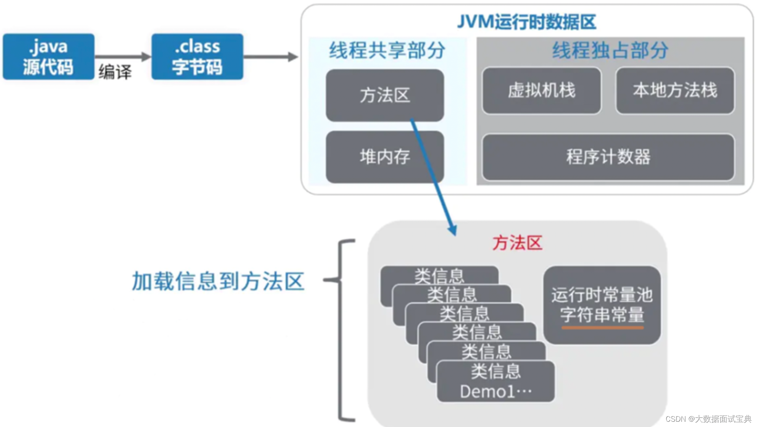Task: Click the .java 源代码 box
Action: [48, 57]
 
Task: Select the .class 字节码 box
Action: [197, 57]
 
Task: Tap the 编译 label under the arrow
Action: [115, 72]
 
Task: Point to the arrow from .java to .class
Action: [123, 57]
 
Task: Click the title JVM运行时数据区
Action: [527, 22]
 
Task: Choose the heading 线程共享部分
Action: [387, 50]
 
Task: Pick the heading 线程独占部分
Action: [610, 50]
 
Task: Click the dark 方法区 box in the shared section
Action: [385, 95]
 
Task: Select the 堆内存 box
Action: [385, 157]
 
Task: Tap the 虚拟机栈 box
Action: [541, 90]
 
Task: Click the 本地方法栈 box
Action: [675, 90]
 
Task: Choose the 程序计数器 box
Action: [608, 157]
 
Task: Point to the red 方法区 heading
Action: [517, 243]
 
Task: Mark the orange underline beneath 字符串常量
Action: [602, 327]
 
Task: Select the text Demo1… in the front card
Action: [496, 392]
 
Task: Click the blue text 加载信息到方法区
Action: [218, 281]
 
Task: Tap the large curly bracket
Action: [341, 329]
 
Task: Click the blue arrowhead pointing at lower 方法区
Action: [452, 230]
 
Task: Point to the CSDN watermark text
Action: [708, 419]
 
